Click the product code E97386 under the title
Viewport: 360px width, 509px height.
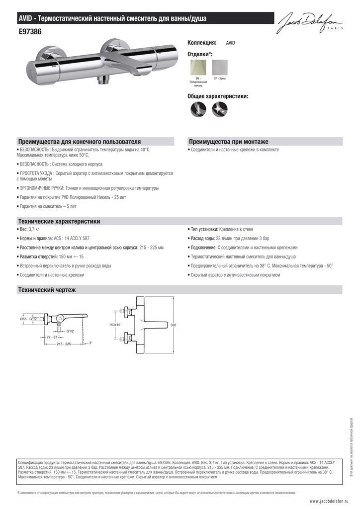point(30,31)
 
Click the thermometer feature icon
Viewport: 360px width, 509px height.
point(198,109)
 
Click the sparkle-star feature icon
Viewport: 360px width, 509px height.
point(220,109)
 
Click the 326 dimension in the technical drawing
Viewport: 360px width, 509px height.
point(174,325)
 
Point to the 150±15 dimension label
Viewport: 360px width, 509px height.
point(114,325)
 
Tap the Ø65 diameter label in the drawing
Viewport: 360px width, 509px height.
point(23,319)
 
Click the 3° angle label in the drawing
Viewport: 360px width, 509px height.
point(90,342)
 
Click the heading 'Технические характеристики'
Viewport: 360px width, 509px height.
point(59,221)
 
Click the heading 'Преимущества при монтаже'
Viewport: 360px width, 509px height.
point(228,142)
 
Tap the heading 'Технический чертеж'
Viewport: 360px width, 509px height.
point(47,289)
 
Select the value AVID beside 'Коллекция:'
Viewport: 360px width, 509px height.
point(230,43)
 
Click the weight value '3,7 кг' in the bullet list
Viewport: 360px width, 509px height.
point(34,229)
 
